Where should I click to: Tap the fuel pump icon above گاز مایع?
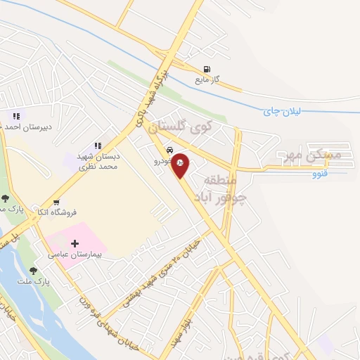pos(206,69)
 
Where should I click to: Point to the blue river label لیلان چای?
pos(282,111)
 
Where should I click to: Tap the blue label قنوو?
pos(321,172)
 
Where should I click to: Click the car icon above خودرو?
pos(170,150)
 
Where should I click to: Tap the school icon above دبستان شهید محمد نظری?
pos(98,146)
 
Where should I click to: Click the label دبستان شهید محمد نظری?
pos(97,162)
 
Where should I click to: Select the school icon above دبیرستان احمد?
pos(15,116)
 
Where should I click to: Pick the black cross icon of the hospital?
pos(75,243)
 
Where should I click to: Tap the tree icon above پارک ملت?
pos(33,270)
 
